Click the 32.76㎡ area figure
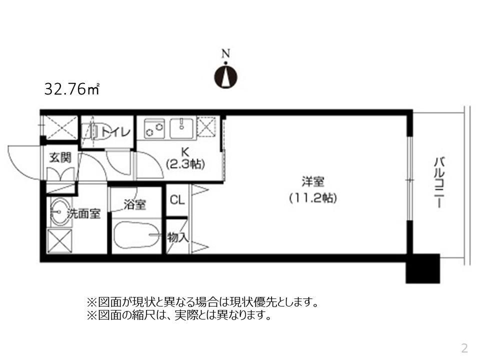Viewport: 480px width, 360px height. click(x=72, y=89)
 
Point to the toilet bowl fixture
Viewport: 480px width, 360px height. click(x=93, y=131)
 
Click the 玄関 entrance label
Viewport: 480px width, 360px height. click(x=60, y=157)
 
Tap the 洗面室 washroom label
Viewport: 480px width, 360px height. click(x=84, y=214)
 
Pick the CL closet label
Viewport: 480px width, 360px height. click(x=177, y=200)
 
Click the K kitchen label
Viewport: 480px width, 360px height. click(x=185, y=150)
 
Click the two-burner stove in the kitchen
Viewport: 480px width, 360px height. click(x=154, y=128)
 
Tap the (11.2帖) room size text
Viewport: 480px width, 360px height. click(x=313, y=198)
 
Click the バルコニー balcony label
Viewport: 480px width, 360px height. click(x=439, y=183)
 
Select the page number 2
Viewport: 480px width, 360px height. click(x=464, y=347)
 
